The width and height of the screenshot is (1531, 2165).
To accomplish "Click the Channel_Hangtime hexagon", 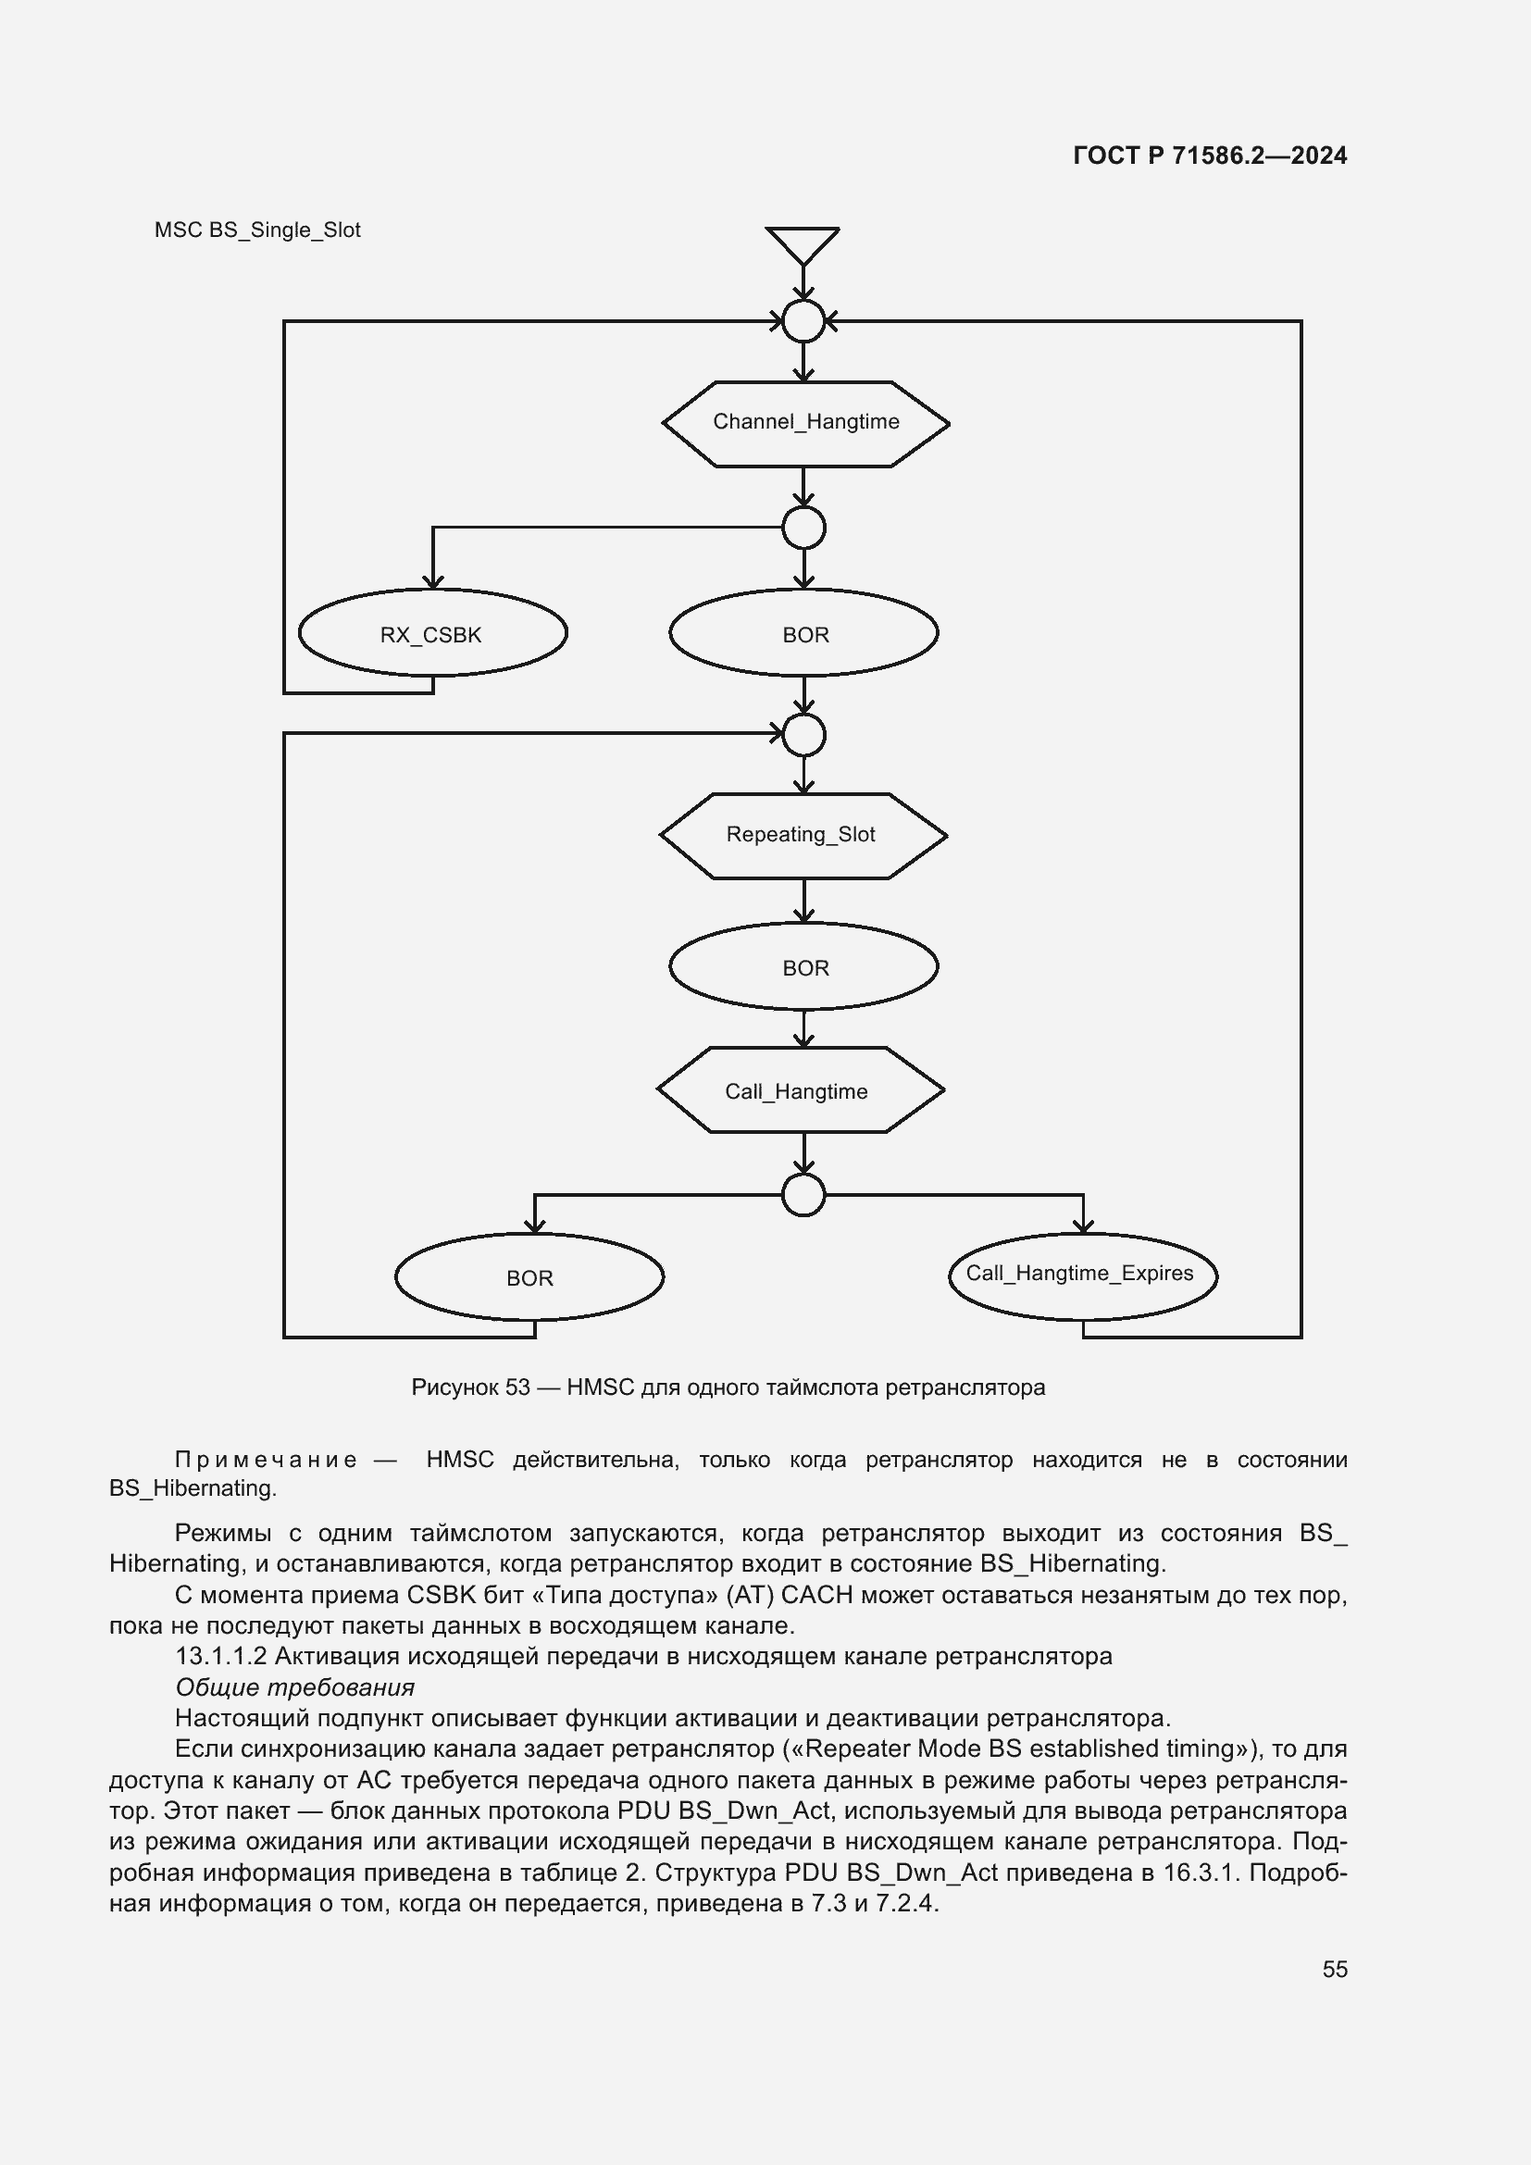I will click(805, 423).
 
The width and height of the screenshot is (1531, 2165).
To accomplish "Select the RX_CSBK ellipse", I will click(431, 634).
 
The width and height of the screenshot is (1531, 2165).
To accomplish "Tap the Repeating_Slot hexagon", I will click(803, 836).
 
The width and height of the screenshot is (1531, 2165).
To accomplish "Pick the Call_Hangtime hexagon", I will click(800, 1090).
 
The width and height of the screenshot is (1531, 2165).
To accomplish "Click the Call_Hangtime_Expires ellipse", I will click(1082, 1275).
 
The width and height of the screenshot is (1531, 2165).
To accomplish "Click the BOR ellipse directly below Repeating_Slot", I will click(803, 966).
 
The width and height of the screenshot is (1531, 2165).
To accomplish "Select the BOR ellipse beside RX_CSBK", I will click(803, 634).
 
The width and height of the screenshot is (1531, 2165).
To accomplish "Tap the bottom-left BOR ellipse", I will click(529, 1276).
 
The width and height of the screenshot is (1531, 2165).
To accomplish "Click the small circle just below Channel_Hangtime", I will click(803, 528).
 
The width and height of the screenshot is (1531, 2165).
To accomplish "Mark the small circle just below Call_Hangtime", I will click(803, 1196).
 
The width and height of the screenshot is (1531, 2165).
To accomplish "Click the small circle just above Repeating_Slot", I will click(803, 735).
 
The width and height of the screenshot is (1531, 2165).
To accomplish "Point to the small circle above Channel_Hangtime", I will click(803, 321).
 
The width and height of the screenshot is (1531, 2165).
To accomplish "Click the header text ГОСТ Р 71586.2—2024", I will click(1210, 156).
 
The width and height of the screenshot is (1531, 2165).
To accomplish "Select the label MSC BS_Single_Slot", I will click(257, 231).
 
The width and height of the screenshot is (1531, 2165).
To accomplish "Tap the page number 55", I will click(1334, 1970).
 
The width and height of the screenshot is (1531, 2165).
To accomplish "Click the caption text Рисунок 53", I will click(470, 1388).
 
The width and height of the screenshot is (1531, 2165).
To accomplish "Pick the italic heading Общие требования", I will click(294, 1687).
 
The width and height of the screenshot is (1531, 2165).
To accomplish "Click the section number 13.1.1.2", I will click(220, 1656).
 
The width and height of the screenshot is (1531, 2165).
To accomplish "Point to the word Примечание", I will click(266, 1461).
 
